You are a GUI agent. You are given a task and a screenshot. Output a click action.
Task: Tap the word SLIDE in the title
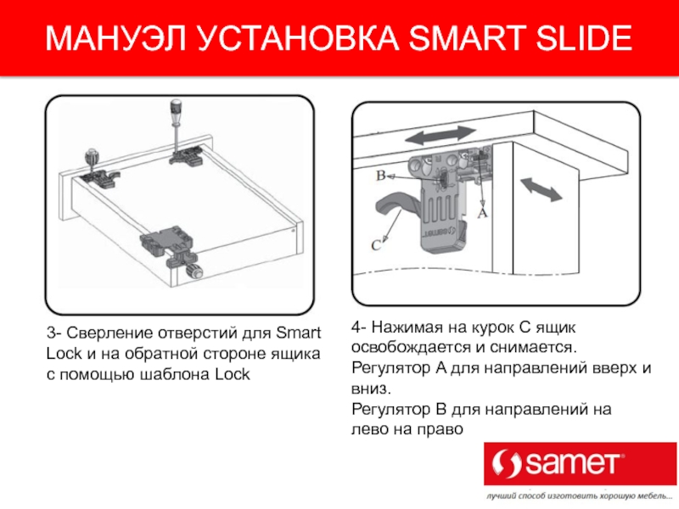coord(584,38)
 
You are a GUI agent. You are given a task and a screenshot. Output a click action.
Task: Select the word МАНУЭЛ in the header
coord(115,38)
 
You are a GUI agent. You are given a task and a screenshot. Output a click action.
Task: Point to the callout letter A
coord(482,213)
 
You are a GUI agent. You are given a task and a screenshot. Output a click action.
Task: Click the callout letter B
coord(380,176)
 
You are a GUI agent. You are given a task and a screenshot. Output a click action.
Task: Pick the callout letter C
coord(376,245)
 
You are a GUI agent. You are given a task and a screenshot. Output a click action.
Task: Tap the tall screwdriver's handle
coord(176,110)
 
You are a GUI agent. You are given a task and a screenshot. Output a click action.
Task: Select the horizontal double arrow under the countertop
coord(440,136)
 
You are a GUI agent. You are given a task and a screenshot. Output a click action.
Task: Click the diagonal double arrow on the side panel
coord(541,189)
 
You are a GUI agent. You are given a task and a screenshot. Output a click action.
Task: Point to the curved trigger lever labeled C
coord(396,206)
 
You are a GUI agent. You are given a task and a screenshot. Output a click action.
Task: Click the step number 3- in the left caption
coord(54,333)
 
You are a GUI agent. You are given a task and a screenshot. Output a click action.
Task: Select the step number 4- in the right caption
coord(359,327)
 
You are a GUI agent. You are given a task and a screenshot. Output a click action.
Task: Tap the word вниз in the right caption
coord(371,389)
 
